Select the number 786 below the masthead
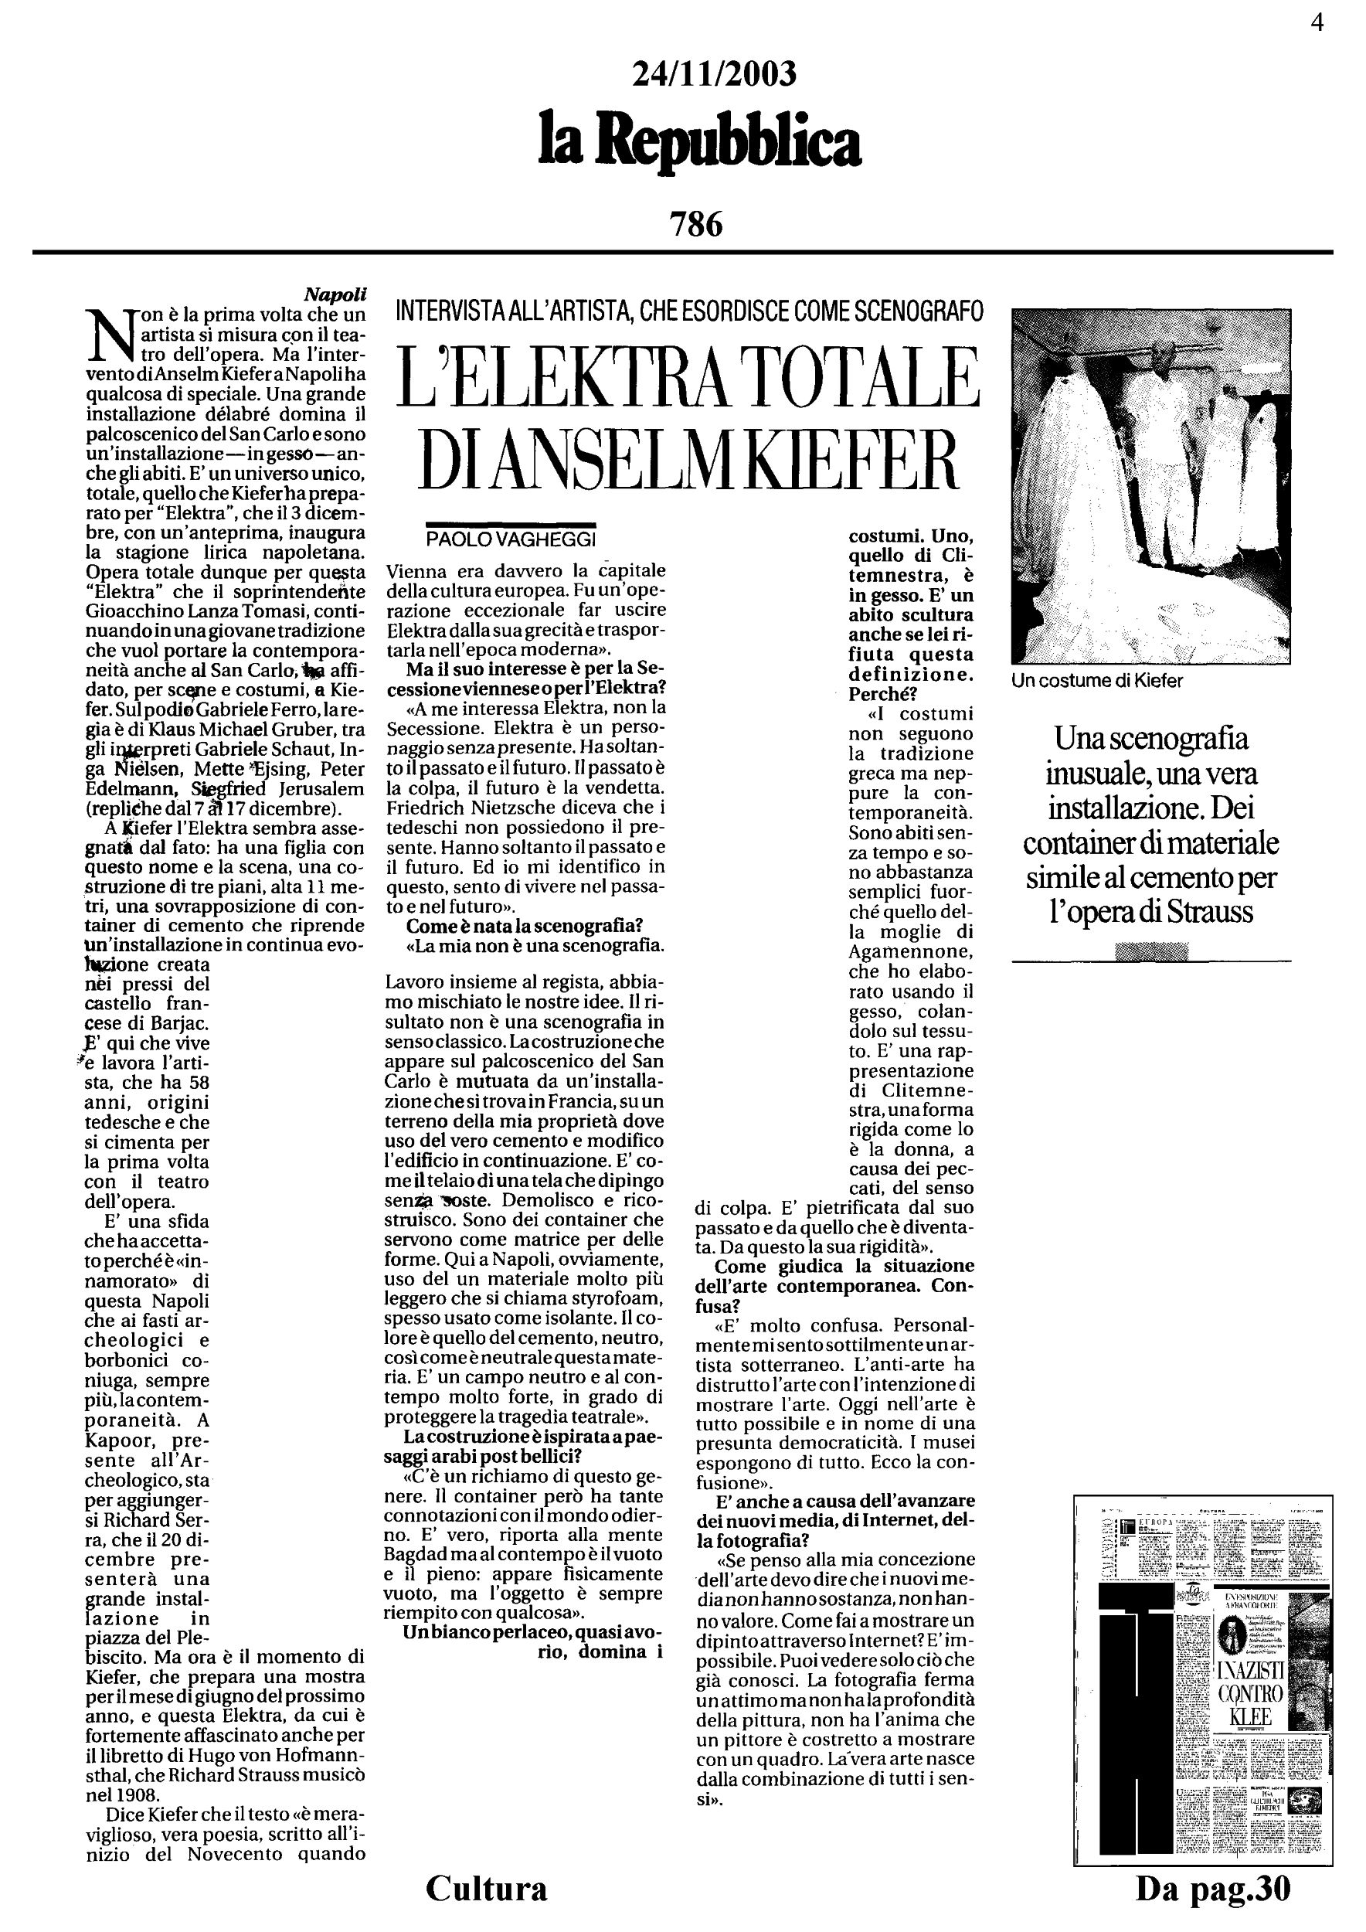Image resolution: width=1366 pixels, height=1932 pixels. click(x=695, y=225)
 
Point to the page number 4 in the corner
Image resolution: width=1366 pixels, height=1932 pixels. click(x=1317, y=22)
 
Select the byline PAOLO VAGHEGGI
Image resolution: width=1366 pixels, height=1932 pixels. click(x=510, y=539)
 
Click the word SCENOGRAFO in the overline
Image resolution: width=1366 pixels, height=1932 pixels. click(x=919, y=312)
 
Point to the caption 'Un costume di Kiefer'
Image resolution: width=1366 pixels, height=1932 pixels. click(x=1097, y=681)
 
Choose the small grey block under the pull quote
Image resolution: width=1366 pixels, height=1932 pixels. click(x=1150, y=951)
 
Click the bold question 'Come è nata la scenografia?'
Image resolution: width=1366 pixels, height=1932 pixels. click(x=524, y=926)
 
